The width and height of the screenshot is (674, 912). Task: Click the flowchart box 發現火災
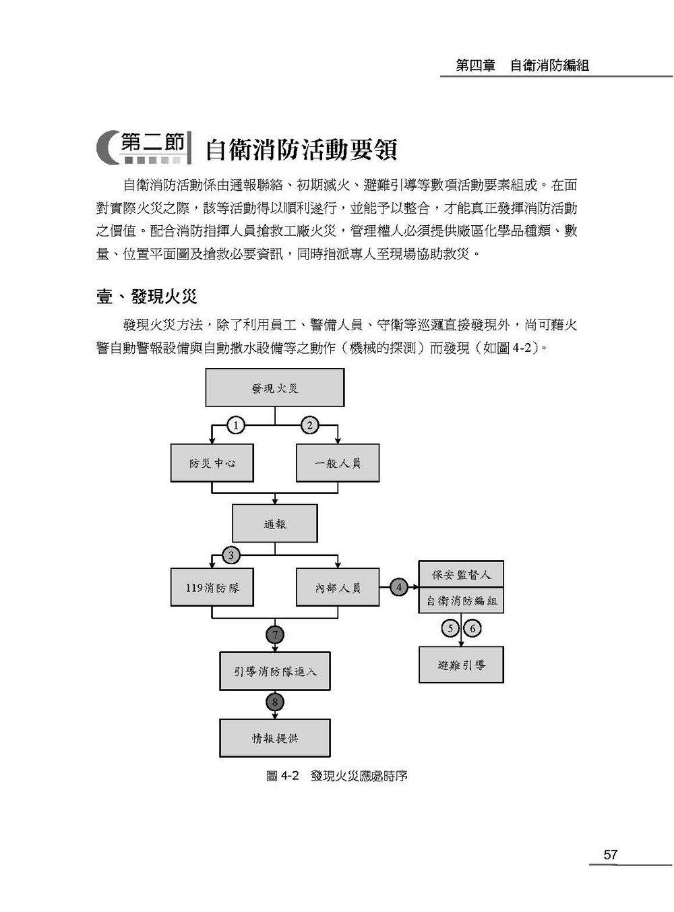tap(275, 388)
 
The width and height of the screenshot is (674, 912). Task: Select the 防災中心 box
tap(212, 462)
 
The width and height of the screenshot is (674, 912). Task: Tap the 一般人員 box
tap(338, 462)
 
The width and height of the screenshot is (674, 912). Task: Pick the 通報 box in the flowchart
tap(275, 523)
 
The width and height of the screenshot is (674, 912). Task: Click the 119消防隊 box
tap(212, 587)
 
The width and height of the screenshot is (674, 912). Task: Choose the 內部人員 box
tap(338, 587)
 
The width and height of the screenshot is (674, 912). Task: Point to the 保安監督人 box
tap(461, 574)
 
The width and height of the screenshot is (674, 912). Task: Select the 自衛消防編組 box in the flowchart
tap(461, 601)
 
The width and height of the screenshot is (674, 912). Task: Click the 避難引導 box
tap(461, 665)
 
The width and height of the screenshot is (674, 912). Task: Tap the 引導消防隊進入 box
tap(275, 671)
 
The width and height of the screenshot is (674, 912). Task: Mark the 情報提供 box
tap(275, 738)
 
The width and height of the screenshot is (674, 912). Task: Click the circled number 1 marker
tap(236, 425)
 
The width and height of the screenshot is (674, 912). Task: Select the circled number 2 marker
tap(309, 425)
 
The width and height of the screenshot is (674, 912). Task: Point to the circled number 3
tap(231, 555)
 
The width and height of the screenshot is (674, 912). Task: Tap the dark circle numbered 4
tap(398, 587)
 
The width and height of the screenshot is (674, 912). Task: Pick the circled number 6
tap(472, 628)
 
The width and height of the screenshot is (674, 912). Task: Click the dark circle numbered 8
tap(275, 702)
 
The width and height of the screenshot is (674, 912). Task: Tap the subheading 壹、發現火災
tap(146, 296)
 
